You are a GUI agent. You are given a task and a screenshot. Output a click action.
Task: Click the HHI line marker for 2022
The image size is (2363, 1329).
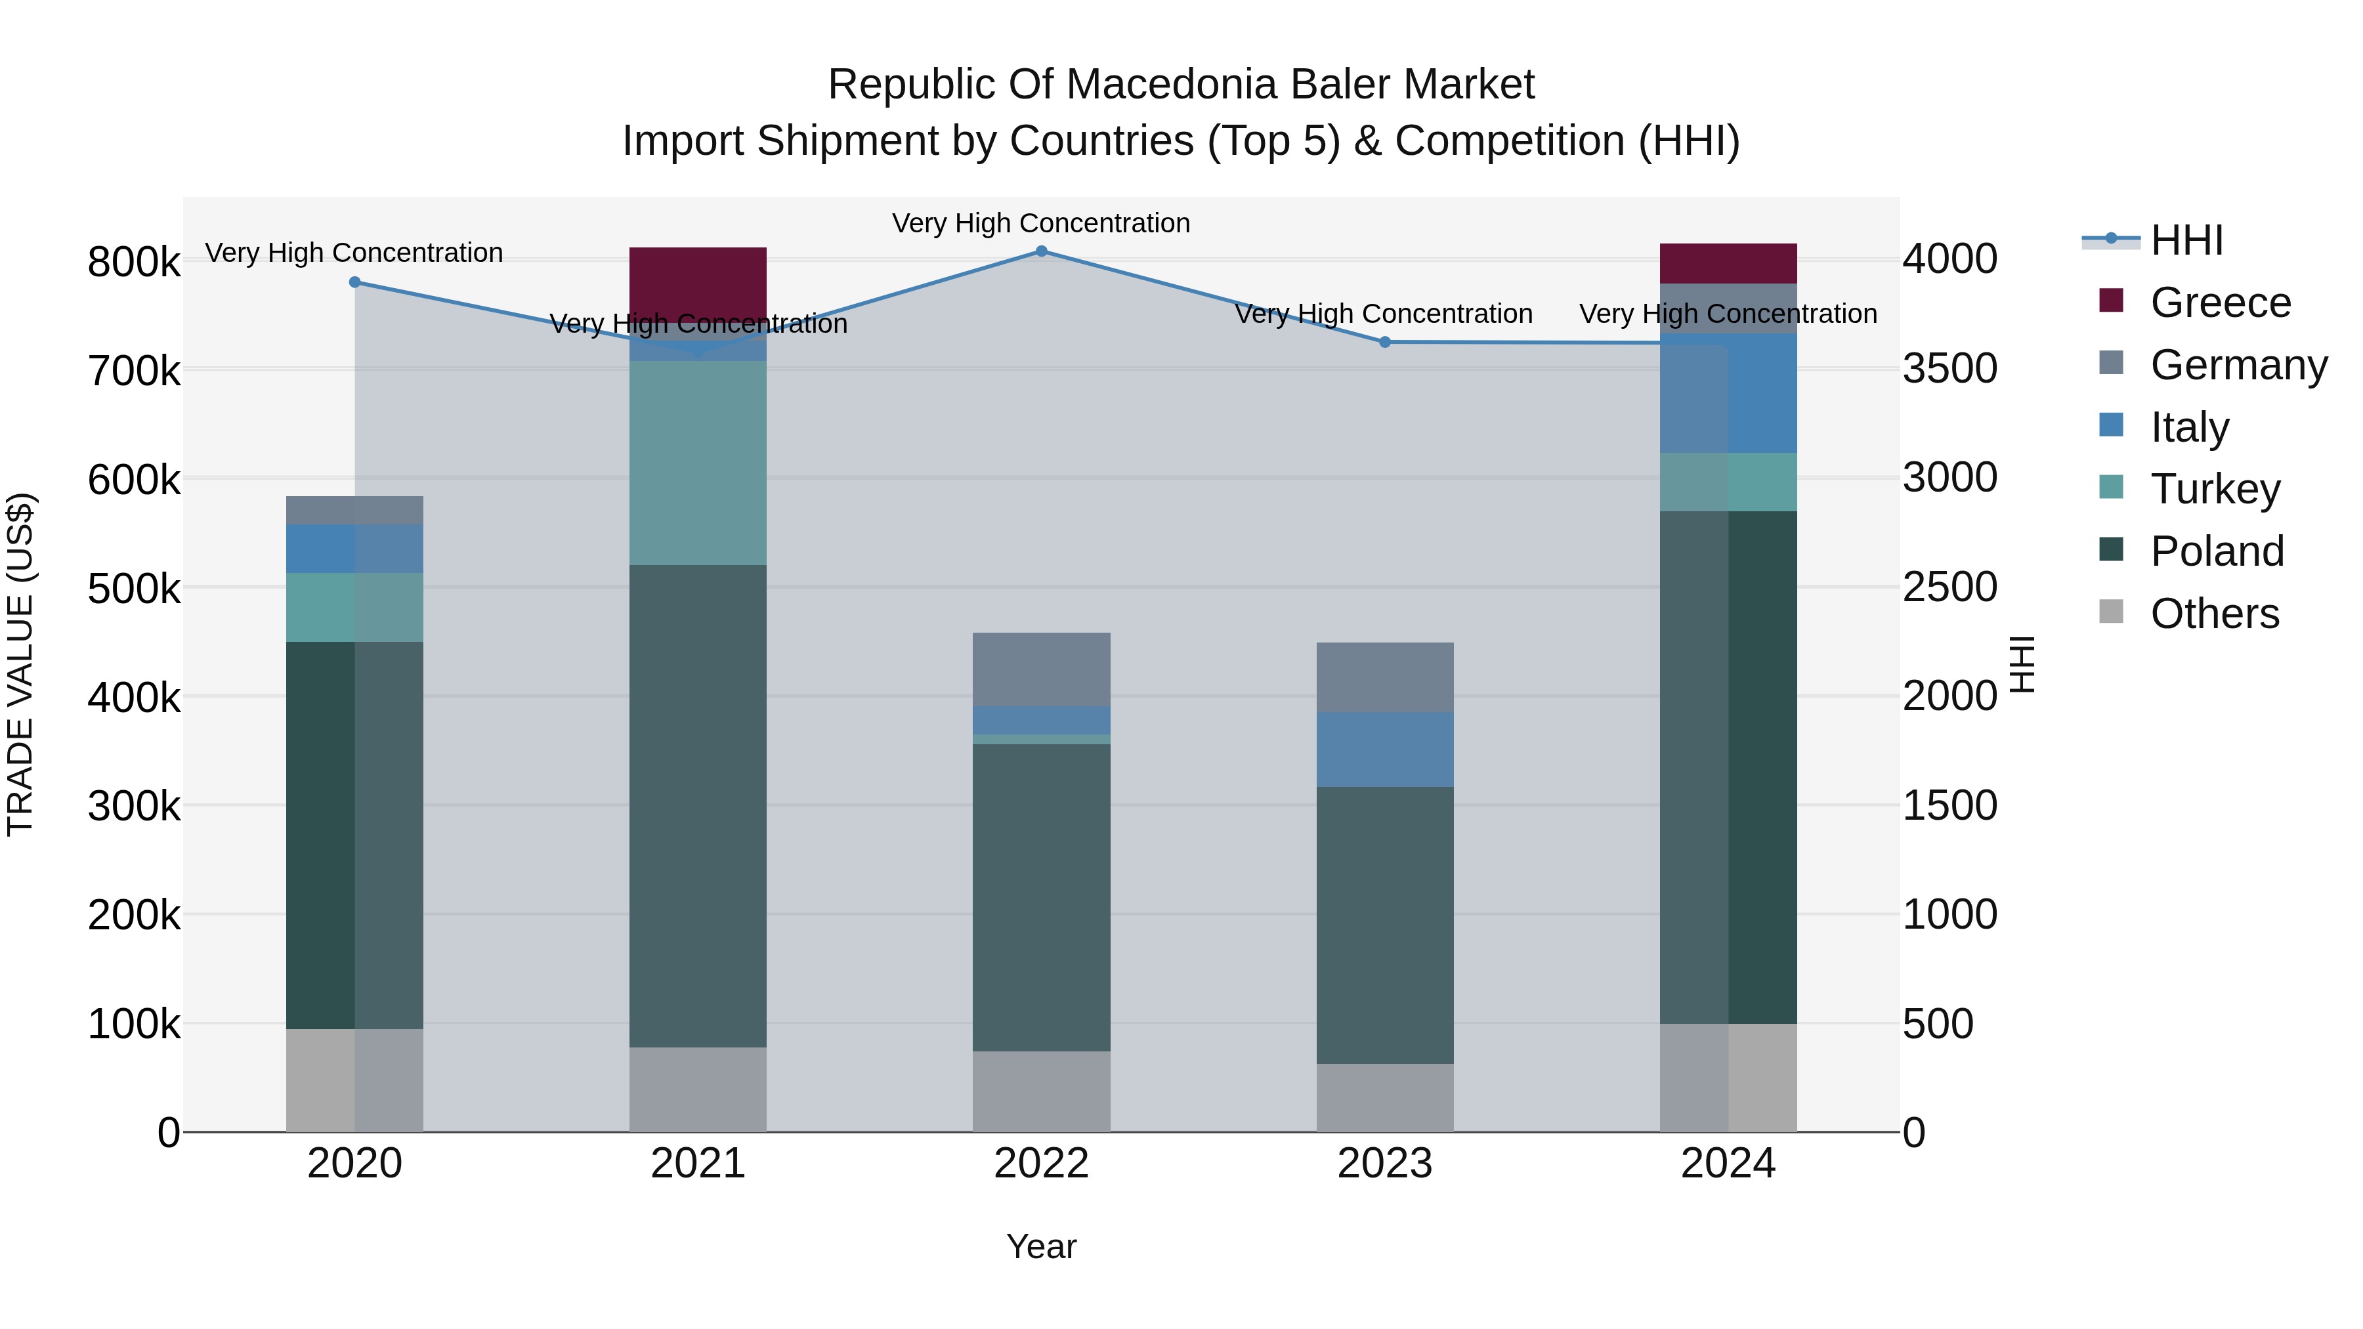[1041, 251]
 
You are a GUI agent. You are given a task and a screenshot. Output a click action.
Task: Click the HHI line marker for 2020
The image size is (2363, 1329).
[355, 282]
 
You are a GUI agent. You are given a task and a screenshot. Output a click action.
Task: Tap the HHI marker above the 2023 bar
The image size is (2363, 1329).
[1385, 342]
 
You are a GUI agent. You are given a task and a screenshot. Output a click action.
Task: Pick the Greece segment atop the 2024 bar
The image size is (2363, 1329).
[1728, 263]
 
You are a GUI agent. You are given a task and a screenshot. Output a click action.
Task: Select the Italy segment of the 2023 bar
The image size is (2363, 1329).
[1385, 749]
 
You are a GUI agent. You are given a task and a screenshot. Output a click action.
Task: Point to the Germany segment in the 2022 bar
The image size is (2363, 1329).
[1041, 669]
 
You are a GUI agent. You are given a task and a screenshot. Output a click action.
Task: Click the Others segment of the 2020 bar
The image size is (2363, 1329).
[355, 1080]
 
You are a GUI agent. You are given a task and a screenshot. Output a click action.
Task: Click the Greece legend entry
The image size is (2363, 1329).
[2220, 303]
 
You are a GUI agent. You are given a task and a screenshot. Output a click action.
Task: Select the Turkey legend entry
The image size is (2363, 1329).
[2215, 489]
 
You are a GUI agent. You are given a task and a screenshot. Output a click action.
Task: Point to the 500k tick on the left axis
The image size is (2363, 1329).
[134, 589]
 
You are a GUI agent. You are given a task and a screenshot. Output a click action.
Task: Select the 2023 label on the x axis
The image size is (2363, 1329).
[1384, 1164]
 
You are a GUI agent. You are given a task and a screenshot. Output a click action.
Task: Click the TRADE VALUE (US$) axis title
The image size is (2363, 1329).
[20, 664]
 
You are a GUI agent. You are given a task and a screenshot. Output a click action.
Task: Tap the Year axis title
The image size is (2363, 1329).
[1040, 1246]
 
